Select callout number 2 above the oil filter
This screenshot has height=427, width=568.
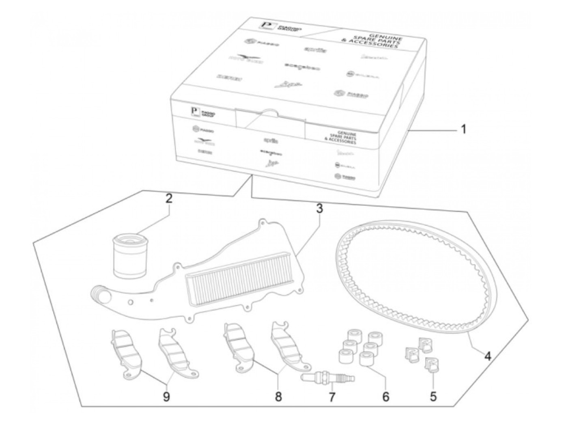[x=168, y=199]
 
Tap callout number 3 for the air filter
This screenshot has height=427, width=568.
[x=319, y=209]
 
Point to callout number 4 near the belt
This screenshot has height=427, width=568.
[x=487, y=356]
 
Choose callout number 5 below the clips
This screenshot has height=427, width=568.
[x=433, y=396]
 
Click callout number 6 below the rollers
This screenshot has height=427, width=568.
[x=385, y=396]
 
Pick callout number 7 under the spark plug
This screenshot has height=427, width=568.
[x=332, y=397]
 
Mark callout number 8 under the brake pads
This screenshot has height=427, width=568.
[x=278, y=396]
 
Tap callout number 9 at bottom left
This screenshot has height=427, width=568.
[x=166, y=397]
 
